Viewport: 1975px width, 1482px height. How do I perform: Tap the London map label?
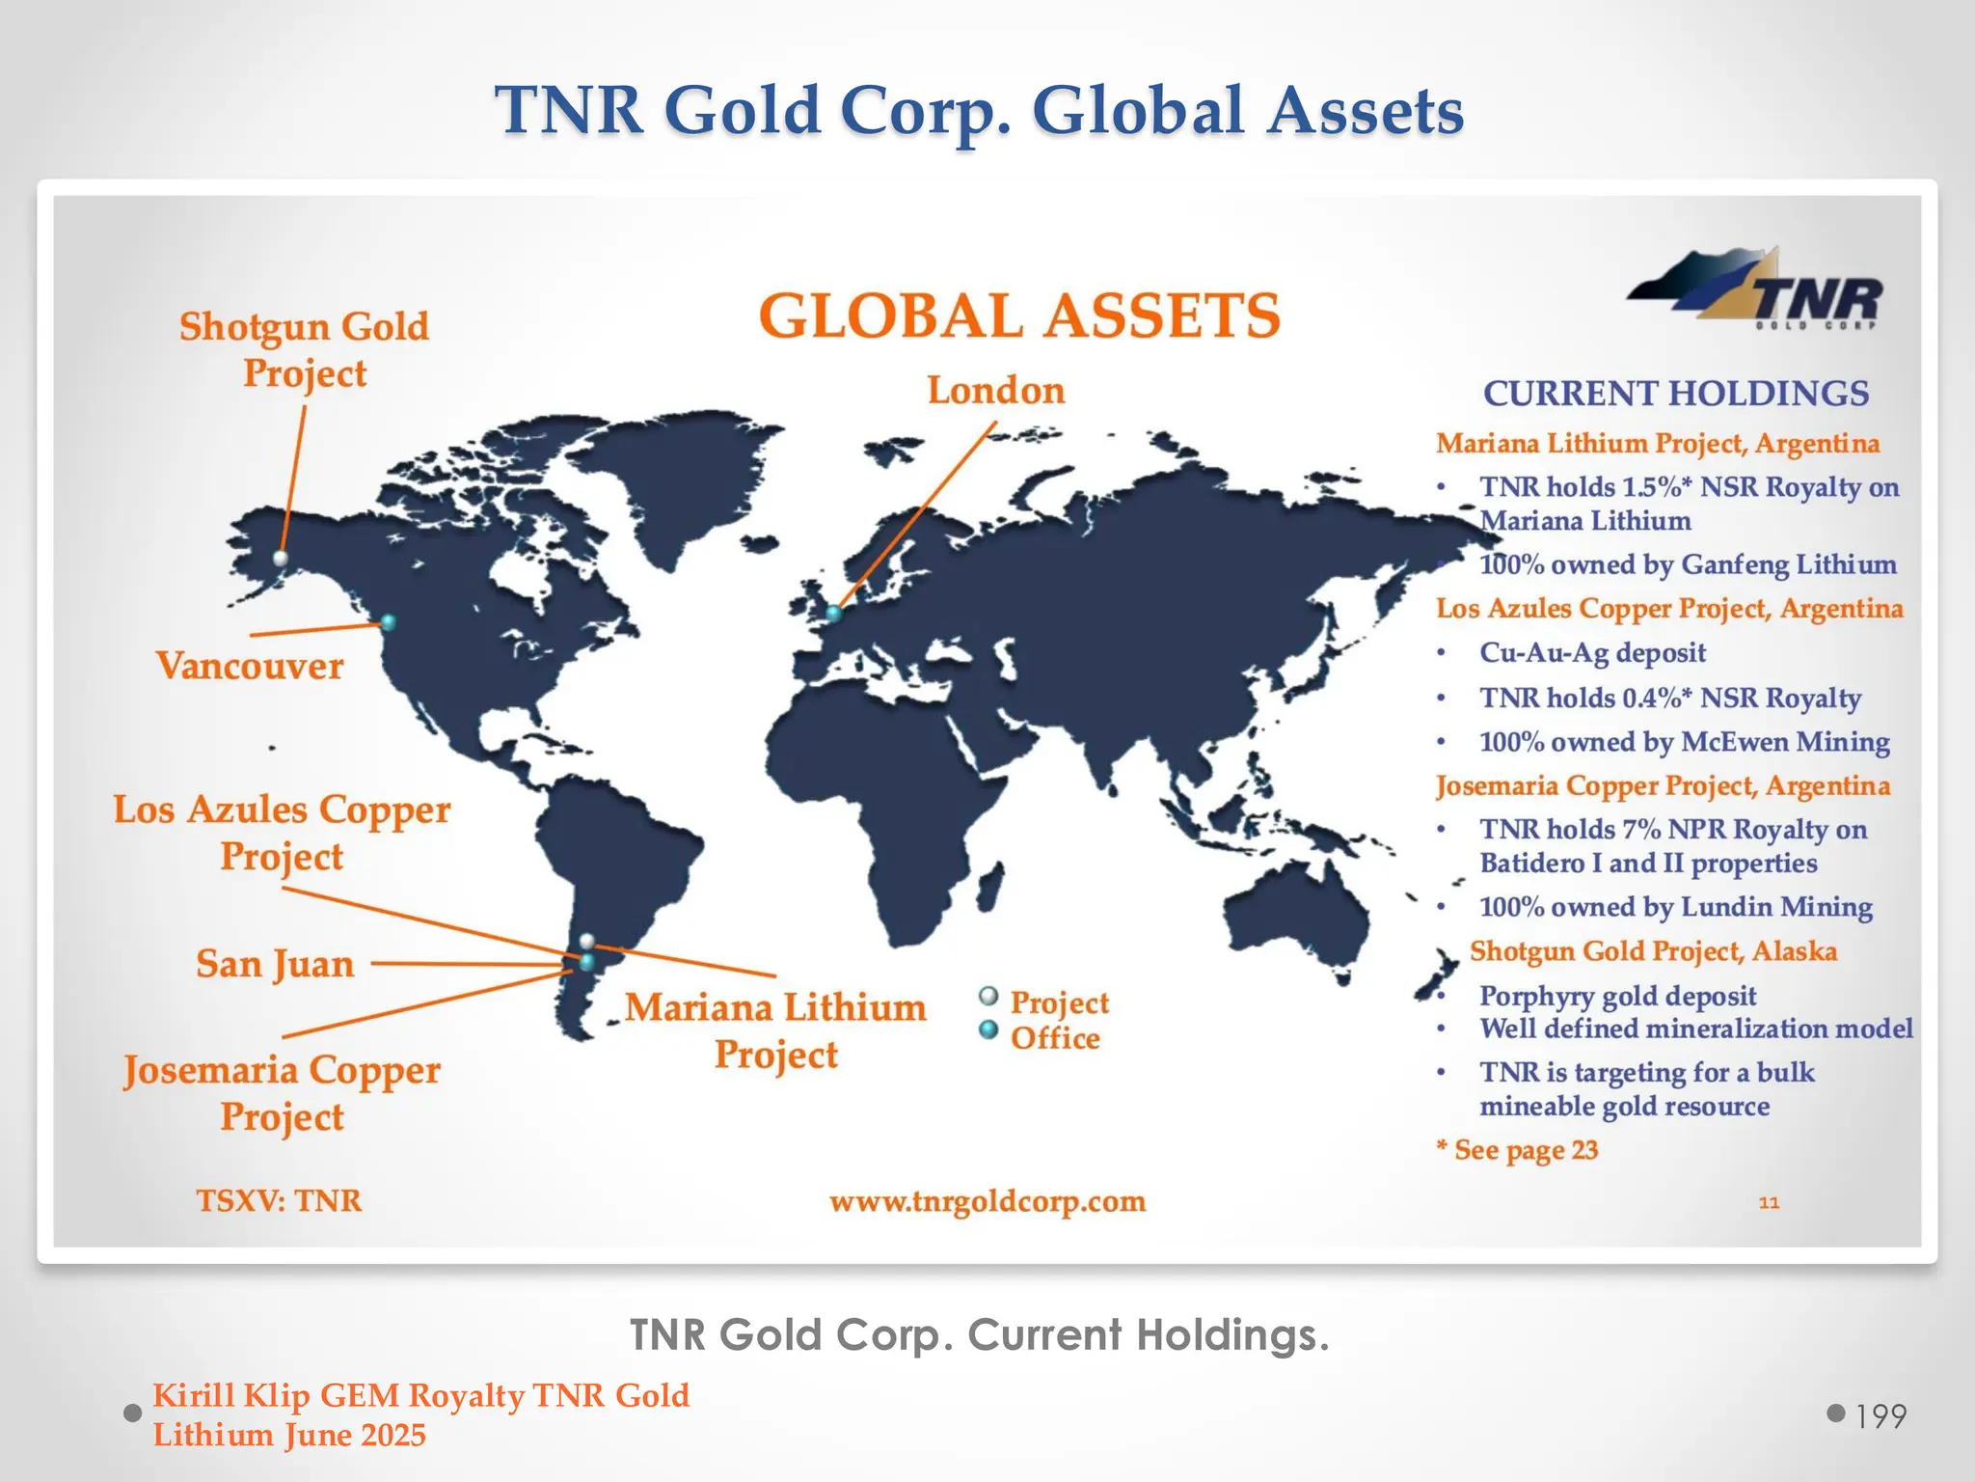click(996, 391)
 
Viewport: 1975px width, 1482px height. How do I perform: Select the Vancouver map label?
click(250, 666)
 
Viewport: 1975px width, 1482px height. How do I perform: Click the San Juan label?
click(275, 964)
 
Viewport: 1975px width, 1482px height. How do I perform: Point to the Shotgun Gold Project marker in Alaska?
click(281, 558)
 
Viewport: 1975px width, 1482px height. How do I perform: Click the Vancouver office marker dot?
click(388, 622)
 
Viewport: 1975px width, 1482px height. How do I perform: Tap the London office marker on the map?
click(833, 613)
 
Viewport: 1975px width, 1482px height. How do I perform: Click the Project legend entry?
click(1059, 1002)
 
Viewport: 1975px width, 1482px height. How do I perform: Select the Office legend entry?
click(1054, 1038)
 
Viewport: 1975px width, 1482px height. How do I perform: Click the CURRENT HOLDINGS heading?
click(1675, 394)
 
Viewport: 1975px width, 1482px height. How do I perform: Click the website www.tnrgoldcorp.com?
click(987, 1201)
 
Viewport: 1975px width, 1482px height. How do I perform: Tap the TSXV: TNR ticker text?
click(280, 1200)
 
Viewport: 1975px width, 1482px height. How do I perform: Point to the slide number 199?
click(1880, 1416)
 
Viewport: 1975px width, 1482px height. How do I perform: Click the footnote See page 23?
click(1525, 1150)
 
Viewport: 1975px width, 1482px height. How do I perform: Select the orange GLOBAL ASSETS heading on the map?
click(1019, 316)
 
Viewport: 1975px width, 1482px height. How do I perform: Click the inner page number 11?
click(1769, 1202)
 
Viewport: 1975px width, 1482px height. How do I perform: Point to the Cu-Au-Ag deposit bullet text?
click(1592, 653)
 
